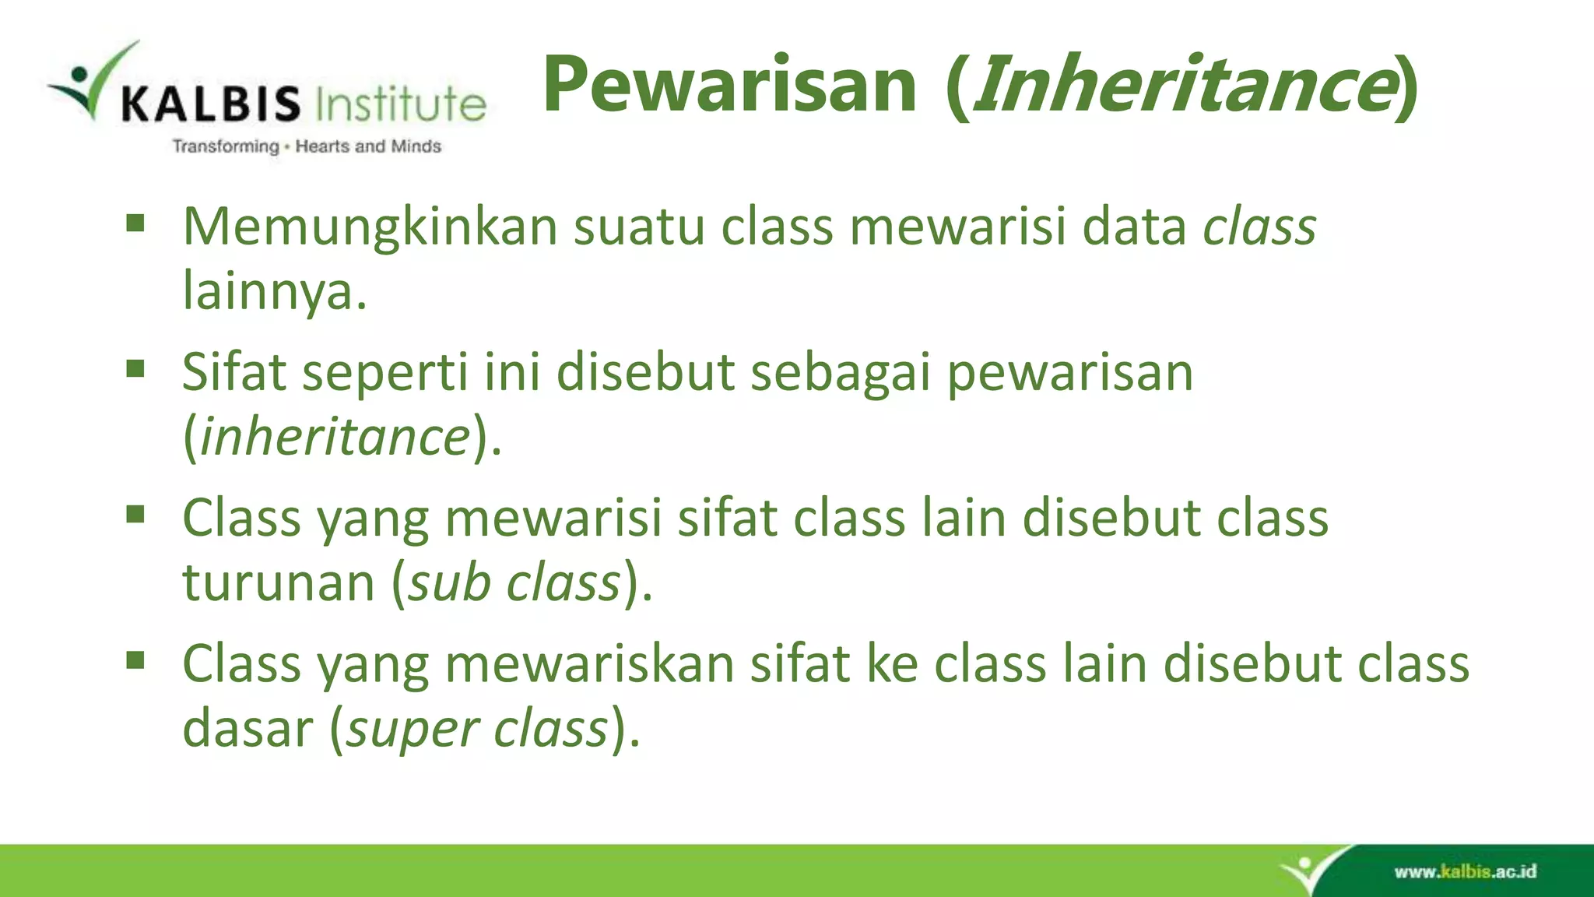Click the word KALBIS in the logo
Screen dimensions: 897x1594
(210, 104)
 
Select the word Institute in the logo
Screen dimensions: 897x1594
(401, 104)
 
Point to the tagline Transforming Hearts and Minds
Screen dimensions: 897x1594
(307, 146)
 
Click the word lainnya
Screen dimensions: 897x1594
(274, 291)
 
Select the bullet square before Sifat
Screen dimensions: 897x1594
(135, 368)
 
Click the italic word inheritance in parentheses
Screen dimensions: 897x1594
(335, 437)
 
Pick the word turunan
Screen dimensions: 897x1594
(279, 582)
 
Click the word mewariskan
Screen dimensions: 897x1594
(589, 664)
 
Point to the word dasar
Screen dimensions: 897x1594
(248, 729)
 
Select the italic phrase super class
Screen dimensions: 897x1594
(476, 729)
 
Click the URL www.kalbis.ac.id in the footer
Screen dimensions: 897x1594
(1465, 871)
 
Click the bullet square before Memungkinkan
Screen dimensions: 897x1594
(135, 224)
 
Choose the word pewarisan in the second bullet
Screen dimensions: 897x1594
(1069, 372)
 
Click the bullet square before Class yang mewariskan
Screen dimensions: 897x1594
(135, 661)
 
